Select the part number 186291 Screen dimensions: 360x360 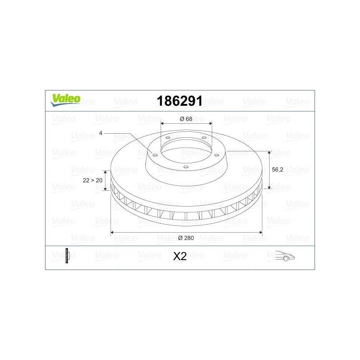[x=179, y=101]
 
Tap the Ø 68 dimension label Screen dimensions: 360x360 [x=186, y=119]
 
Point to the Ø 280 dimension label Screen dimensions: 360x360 [x=186, y=238]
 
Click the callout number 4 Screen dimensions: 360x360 [x=101, y=133]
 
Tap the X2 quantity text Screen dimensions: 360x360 [x=180, y=256]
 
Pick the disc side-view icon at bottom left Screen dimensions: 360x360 [x=67, y=256]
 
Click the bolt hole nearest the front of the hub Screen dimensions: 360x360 [x=186, y=166]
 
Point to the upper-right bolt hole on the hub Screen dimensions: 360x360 [x=204, y=138]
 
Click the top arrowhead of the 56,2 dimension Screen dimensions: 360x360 [x=269, y=153]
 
